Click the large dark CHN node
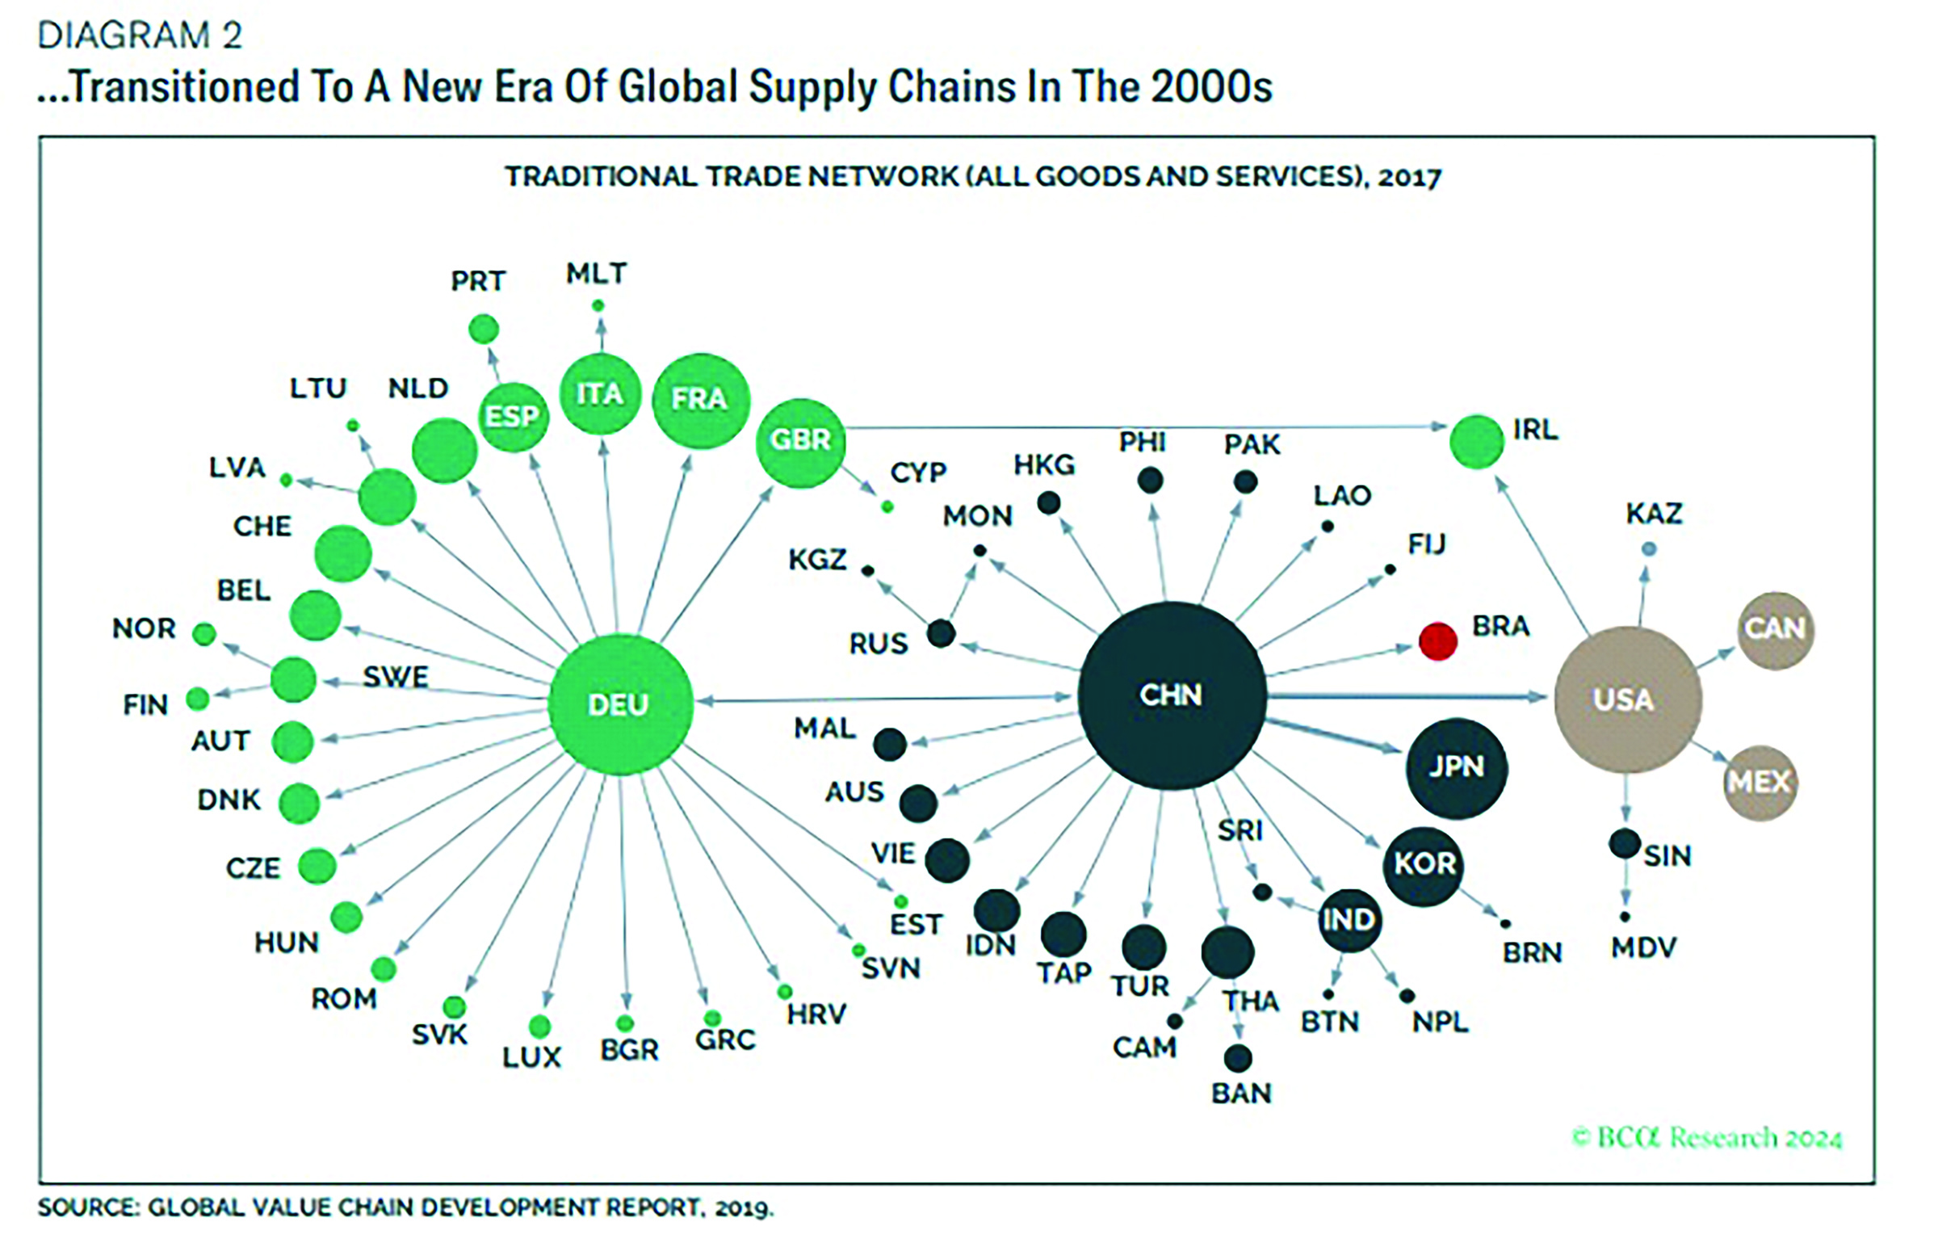tap(1172, 695)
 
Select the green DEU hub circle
tap(619, 704)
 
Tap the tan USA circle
tap(1627, 699)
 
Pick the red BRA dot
tap(1438, 641)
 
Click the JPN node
tap(1456, 767)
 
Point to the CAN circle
tap(1776, 630)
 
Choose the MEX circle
tap(1760, 782)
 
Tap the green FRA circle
tap(700, 400)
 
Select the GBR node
tap(800, 442)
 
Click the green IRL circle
tap(1477, 442)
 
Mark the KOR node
tap(1424, 866)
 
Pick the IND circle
tap(1349, 920)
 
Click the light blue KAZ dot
tap(1649, 549)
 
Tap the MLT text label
tap(596, 274)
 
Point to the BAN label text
tap(1241, 1094)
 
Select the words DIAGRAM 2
tap(140, 36)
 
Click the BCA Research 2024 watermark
tap(1707, 1138)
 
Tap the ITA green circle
tap(600, 395)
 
